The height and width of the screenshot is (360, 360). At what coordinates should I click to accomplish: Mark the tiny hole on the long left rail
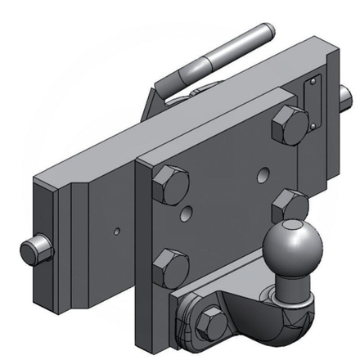tap(116, 232)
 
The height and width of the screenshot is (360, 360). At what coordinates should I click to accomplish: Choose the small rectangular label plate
tap(312, 104)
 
